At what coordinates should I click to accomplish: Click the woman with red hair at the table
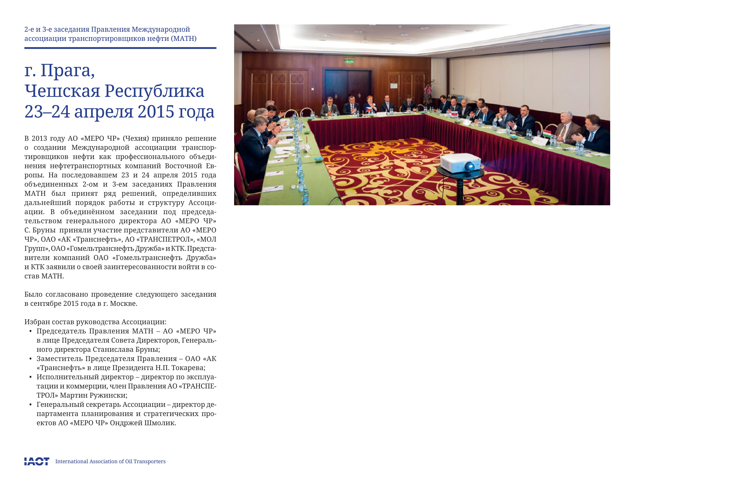pos(370,104)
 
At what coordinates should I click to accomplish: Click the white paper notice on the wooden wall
pos(394,85)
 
